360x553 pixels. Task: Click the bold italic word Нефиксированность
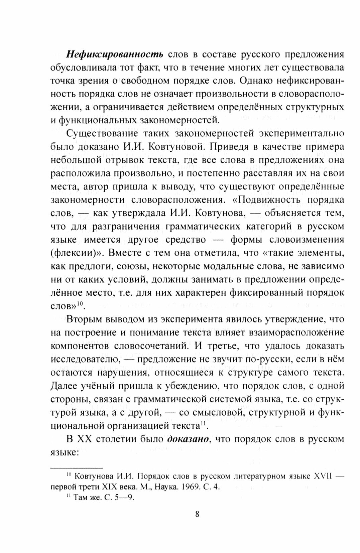(115, 54)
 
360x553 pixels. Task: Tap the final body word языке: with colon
(64, 452)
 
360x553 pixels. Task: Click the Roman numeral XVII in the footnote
(323, 476)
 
